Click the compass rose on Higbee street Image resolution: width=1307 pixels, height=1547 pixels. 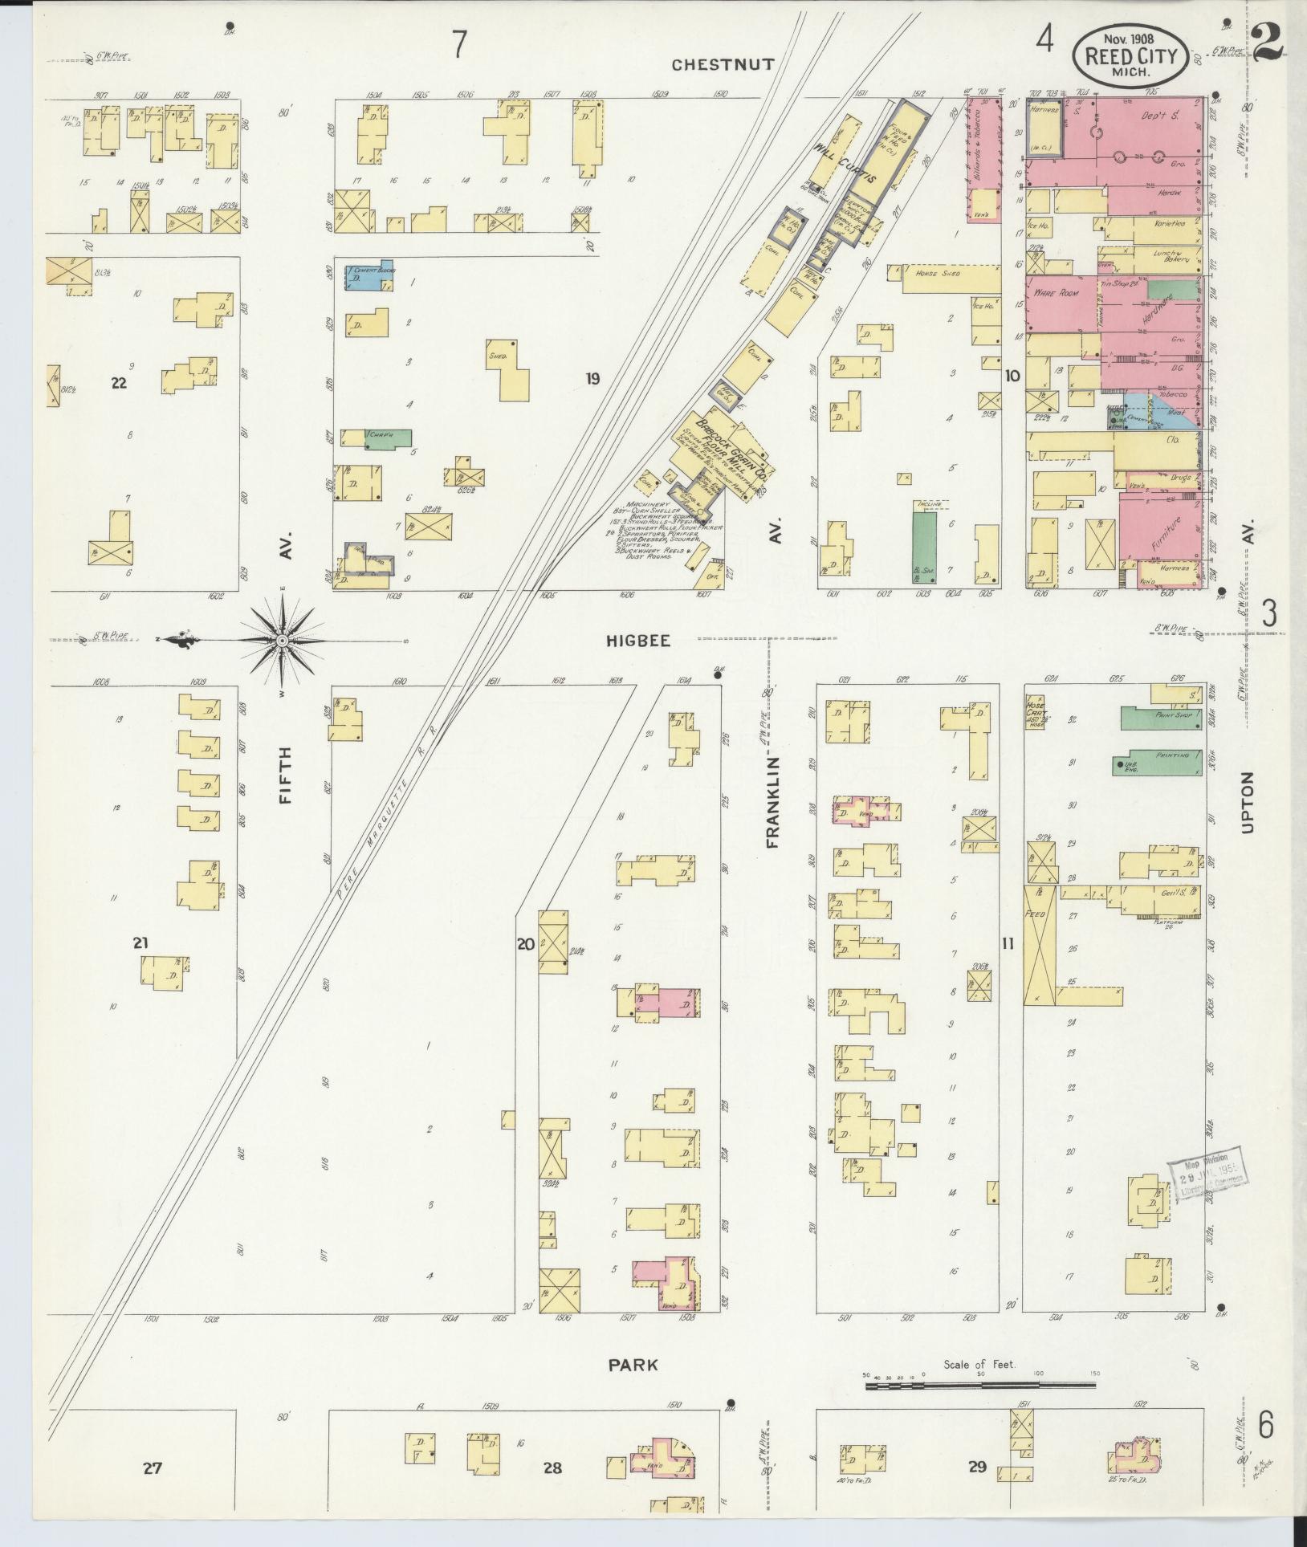tap(283, 640)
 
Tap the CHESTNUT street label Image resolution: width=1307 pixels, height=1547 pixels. tap(723, 65)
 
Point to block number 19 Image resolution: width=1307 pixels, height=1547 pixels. tap(592, 378)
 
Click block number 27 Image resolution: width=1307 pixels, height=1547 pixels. tap(153, 1468)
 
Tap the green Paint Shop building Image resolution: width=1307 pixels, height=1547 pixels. tap(1162, 718)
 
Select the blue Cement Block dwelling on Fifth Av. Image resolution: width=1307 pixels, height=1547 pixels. tap(368, 275)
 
